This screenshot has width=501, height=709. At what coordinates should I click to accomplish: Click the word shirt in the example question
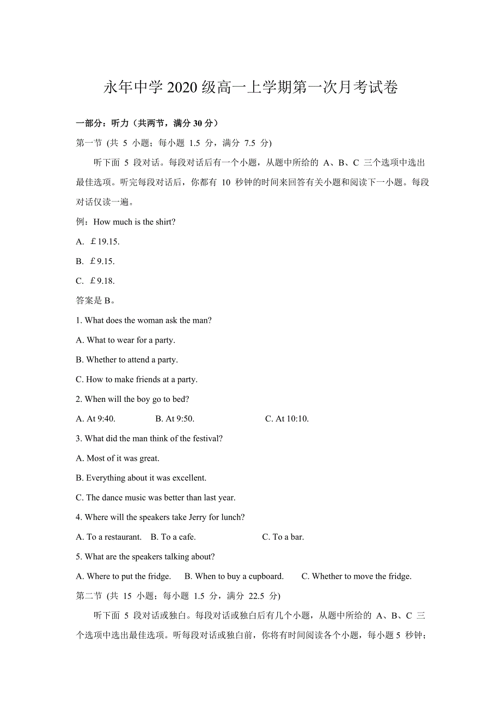point(163,222)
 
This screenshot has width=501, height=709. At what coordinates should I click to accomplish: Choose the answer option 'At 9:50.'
point(175,419)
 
